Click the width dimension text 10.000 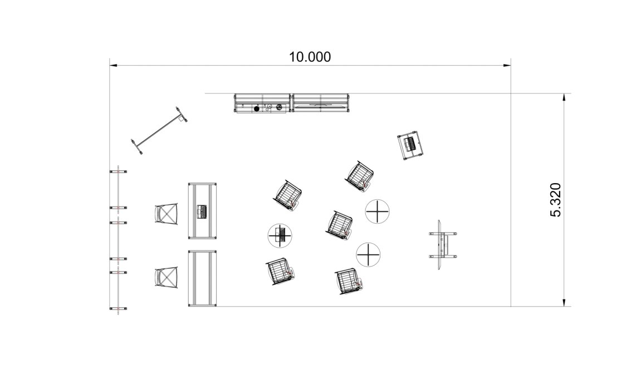tap(310, 57)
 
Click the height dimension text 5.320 tap(557, 200)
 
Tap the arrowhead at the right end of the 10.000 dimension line tap(507, 66)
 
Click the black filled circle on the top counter tap(257, 109)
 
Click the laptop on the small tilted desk tap(411, 145)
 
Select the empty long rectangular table tap(202, 278)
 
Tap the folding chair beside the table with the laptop tap(166, 214)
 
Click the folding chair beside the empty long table tap(166, 277)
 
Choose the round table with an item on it tap(280, 235)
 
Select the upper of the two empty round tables tap(377, 211)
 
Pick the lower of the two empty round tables tap(368, 254)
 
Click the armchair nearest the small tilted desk tap(359, 175)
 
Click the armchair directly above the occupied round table tap(288, 194)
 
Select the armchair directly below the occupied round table tap(279, 272)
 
